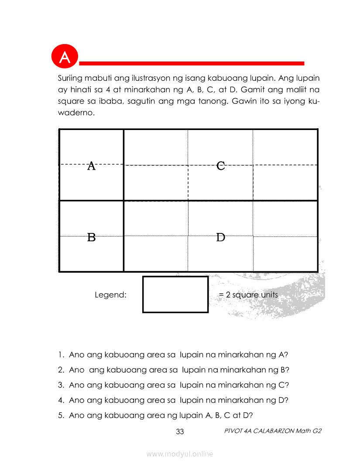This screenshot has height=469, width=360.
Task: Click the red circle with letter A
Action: click(65, 57)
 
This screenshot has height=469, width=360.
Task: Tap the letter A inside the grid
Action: click(91, 166)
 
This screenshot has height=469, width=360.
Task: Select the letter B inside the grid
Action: click(91, 237)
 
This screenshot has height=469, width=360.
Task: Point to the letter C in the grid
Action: click(221, 166)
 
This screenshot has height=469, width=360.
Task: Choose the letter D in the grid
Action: click(221, 237)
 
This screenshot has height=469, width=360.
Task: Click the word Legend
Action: click(110, 294)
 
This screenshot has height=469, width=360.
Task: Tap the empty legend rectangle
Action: click(175, 294)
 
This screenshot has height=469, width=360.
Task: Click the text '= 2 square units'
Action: click(248, 294)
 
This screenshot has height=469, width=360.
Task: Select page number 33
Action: click(180, 432)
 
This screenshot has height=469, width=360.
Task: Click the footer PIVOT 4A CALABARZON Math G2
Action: click(273, 431)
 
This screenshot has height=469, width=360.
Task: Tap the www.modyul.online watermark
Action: click(180, 454)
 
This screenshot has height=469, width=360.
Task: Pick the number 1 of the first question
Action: click(60, 355)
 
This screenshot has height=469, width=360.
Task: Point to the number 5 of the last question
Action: click(60, 415)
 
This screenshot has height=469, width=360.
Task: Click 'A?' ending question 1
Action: click(283, 355)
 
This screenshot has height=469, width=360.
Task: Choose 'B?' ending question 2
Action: click(285, 370)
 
